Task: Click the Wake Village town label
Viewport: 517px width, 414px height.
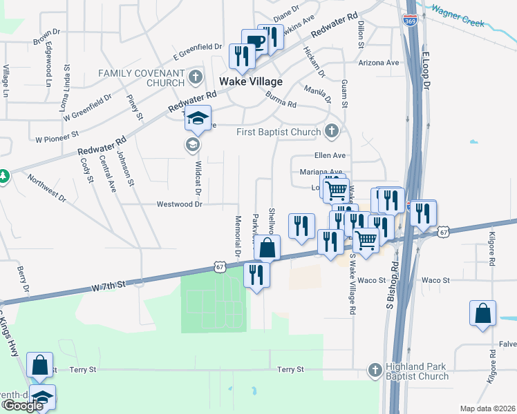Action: pos(251,81)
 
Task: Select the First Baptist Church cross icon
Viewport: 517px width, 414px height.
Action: pos(332,131)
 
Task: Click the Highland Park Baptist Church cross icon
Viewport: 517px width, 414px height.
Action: pos(375,370)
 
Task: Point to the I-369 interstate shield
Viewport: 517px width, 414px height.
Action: pos(410,21)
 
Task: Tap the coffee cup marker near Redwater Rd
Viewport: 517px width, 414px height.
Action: pos(254,42)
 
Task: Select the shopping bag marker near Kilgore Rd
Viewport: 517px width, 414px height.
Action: pos(482,313)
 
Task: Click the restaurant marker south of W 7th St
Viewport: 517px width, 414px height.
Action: pos(256,275)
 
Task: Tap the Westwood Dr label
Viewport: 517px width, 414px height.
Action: pos(179,204)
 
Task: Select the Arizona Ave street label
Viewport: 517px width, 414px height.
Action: pos(379,62)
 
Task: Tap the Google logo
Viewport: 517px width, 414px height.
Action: pos(23,406)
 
